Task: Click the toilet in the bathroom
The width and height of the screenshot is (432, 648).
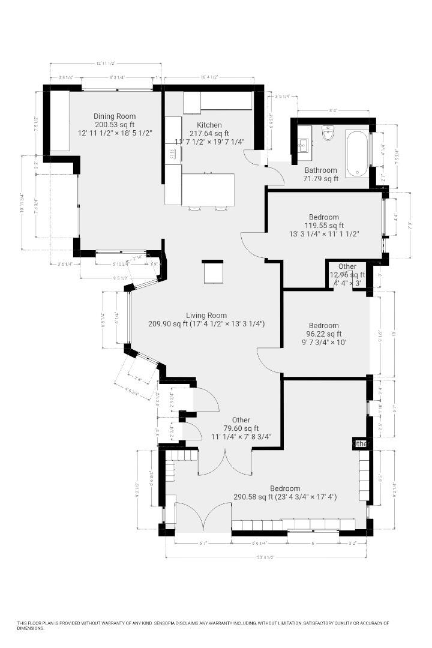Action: tap(328, 133)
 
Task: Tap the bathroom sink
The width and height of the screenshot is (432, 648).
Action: tap(302, 144)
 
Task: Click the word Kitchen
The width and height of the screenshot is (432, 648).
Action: tap(201, 125)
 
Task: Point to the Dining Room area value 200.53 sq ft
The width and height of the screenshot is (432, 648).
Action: tap(114, 125)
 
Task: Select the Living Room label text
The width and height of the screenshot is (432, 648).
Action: tap(206, 315)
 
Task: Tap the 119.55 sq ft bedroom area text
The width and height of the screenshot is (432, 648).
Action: tap(324, 225)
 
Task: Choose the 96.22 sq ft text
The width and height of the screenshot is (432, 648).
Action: tap(323, 334)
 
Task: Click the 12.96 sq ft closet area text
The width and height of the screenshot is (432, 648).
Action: tap(347, 275)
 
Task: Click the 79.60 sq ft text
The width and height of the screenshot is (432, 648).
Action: tap(241, 428)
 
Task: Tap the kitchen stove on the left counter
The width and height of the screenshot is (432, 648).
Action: tap(172, 154)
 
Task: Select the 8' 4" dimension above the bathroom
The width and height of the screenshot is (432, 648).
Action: tap(333, 110)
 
